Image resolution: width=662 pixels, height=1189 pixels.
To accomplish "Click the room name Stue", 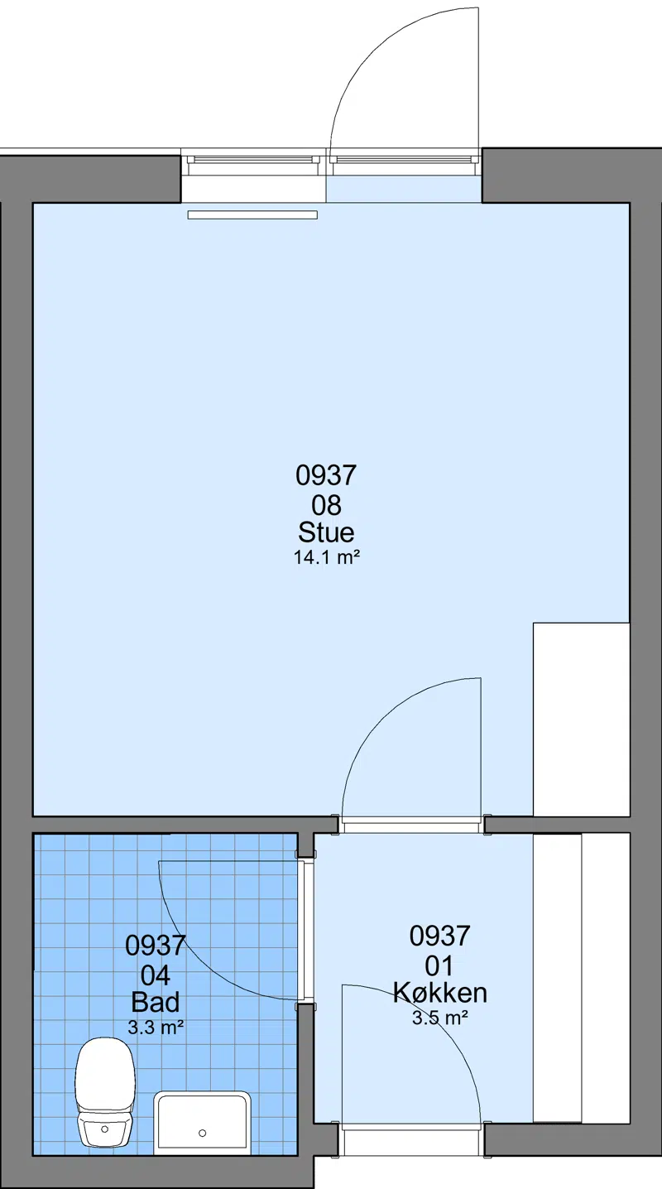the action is (326, 532).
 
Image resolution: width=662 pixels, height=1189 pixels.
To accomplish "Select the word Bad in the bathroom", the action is (156, 1002).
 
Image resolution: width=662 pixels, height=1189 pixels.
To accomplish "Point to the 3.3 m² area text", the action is (156, 1027).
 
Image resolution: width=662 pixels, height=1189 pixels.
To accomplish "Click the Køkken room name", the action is (440, 993).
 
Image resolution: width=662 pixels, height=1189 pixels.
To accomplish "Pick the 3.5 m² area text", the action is (440, 1018).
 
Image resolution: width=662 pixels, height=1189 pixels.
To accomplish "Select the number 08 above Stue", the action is (326, 505).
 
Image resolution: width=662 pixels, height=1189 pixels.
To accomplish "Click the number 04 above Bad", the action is (156, 975).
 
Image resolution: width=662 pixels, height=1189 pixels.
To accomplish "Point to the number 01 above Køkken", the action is (439, 966).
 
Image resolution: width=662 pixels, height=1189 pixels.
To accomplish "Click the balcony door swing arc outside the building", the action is (372, 48).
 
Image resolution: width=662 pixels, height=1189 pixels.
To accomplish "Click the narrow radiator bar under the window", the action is (252, 215).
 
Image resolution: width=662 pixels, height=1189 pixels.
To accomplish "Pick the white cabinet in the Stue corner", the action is (582, 720).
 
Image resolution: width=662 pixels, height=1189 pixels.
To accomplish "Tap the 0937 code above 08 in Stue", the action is (326, 475).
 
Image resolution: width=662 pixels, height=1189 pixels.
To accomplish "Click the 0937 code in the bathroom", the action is (156, 946).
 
